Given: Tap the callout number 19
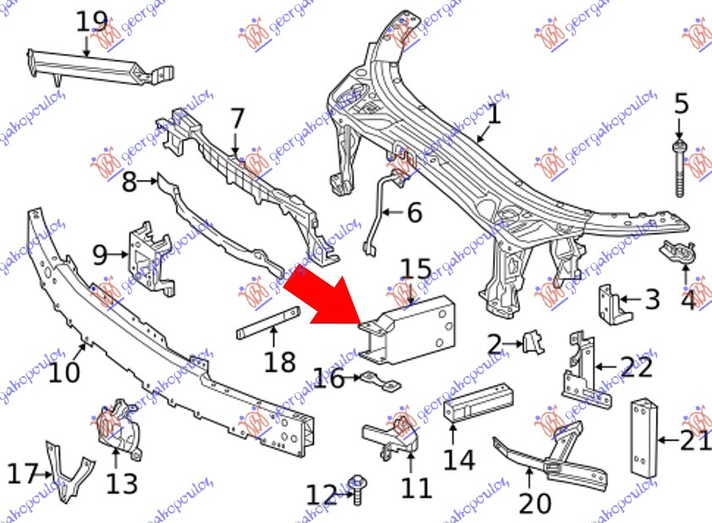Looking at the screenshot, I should click(x=92, y=22).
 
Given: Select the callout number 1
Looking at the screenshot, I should click(x=493, y=113).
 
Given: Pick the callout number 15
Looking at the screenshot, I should click(x=415, y=272).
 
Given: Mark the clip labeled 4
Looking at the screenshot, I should click(x=676, y=251).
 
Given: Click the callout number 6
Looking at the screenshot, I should click(x=414, y=212).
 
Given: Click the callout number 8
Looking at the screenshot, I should click(x=129, y=182).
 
